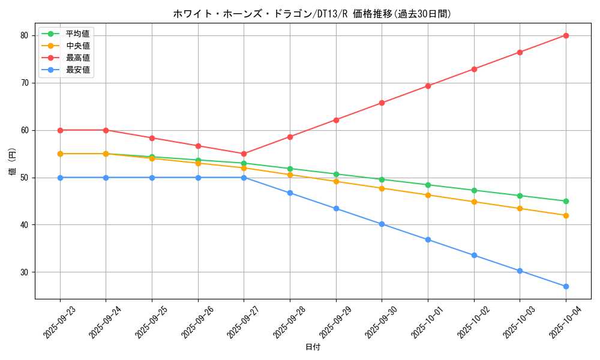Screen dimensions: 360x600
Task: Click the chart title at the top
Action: tap(312, 14)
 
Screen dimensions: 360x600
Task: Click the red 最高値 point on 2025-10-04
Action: tap(566, 35)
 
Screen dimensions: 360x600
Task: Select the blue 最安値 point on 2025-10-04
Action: tap(566, 286)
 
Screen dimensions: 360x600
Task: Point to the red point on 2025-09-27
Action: tap(244, 154)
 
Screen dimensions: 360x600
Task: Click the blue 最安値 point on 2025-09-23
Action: tap(60, 178)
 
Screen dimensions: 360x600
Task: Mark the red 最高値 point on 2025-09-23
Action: tap(60, 130)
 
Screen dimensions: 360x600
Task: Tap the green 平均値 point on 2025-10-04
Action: tap(566, 201)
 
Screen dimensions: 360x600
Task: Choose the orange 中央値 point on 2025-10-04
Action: tap(566, 215)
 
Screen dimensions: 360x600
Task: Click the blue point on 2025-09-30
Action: tap(382, 224)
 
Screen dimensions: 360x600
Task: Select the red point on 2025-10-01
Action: tap(428, 86)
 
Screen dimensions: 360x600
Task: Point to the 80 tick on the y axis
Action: tap(25, 35)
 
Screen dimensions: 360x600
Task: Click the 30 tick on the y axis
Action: tap(25, 272)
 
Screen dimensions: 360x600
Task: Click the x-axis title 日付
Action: tap(313, 347)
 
